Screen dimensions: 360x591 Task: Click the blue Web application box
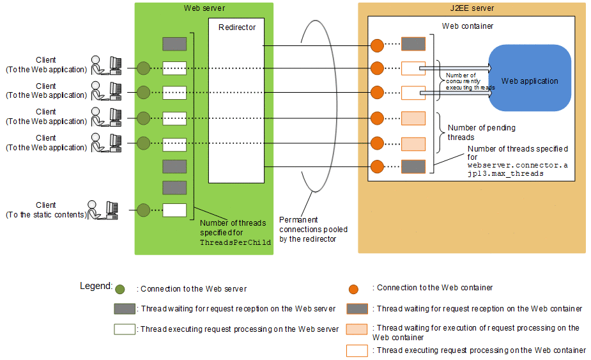(529, 81)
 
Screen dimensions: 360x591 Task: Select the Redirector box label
(236, 27)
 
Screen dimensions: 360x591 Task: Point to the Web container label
(468, 26)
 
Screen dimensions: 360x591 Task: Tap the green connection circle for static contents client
(143, 210)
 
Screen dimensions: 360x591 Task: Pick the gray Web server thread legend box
(124, 309)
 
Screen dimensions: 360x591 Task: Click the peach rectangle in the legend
(357, 329)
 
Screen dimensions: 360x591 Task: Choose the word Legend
(96, 286)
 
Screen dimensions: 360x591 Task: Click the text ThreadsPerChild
(235, 243)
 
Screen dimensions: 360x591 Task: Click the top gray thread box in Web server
(174, 44)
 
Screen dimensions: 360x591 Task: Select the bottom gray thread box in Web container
(413, 168)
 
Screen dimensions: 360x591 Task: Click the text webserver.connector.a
(518, 165)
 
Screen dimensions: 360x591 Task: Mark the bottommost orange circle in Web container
(377, 168)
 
